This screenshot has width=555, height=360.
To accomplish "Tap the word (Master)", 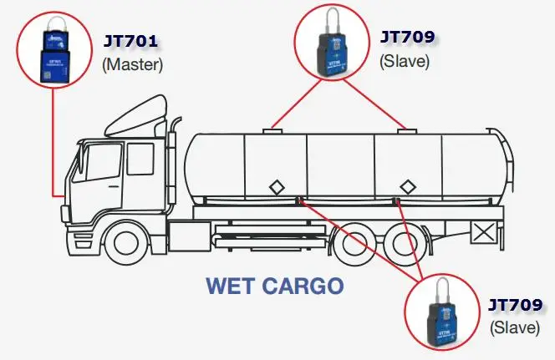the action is (132, 63).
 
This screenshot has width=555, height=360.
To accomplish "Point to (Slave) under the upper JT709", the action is (404, 59).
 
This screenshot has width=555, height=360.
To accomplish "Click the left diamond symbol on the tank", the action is (275, 185).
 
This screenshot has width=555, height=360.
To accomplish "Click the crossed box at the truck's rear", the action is (483, 231).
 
